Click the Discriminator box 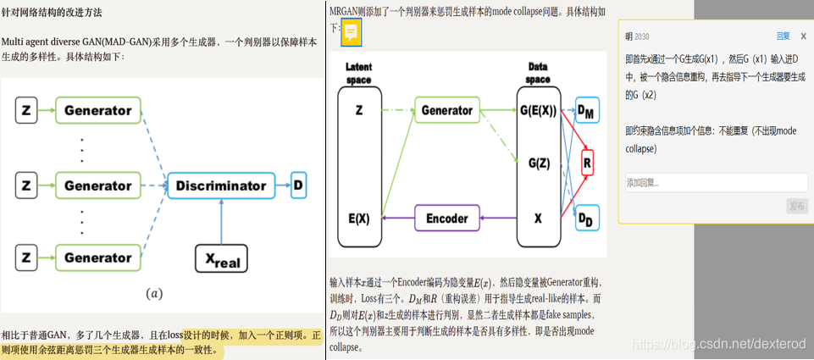pyautogui.click(x=220, y=186)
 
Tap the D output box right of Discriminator pyautogui.click(x=299, y=186)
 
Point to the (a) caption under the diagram pyautogui.click(x=153, y=293)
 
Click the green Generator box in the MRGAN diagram pyautogui.click(x=446, y=110)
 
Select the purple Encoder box pyautogui.click(x=446, y=218)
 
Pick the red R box pyautogui.click(x=587, y=160)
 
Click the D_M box pyautogui.click(x=585, y=110)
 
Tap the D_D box pyautogui.click(x=585, y=219)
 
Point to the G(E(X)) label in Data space pyautogui.click(x=538, y=110)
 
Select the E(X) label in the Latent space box pyautogui.click(x=359, y=218)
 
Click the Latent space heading pyautogui.click(x=359, y=73)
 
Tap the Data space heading pyautogui.click(x=538, y=72)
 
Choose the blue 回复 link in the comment pyautogui.click(x=783, y=36)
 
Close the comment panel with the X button pyautogui.click(x=803, y=36)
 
